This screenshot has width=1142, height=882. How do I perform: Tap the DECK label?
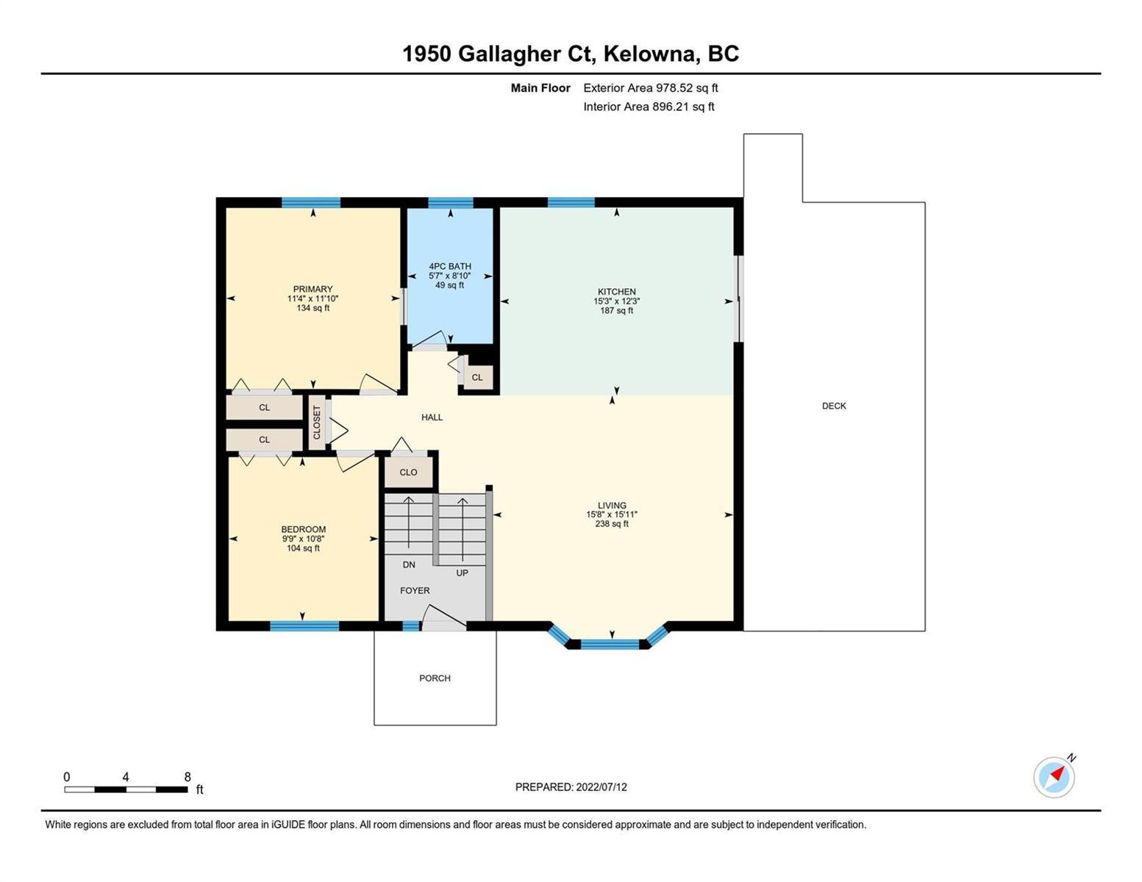(834, 406)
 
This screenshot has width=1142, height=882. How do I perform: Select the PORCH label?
(435, 678)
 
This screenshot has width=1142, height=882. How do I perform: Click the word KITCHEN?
(616, 292)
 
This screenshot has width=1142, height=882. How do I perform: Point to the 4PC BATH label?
(450, 266)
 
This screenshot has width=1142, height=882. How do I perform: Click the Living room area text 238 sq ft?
(612, 524)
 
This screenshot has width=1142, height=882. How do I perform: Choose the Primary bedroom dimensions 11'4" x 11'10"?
(313, 298)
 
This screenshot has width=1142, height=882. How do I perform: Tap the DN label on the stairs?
(409, 564)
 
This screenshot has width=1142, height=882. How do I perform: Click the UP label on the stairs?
(462, 573)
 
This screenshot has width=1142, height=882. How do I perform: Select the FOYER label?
(415, 590)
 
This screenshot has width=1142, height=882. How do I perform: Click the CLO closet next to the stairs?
(408, 473)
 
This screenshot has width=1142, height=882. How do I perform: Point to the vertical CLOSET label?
(316, 423)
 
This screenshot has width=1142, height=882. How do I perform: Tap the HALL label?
(432, 417)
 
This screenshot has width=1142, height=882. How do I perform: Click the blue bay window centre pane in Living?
(610, 644)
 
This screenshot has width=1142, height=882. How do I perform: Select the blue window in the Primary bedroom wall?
(310, 202)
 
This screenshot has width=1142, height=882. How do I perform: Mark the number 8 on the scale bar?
(188, 776)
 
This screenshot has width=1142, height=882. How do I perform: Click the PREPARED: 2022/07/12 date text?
(571, 787)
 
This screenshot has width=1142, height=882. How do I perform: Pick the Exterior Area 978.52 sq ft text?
(650, 87)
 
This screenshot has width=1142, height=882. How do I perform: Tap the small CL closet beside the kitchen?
(477, 377)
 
